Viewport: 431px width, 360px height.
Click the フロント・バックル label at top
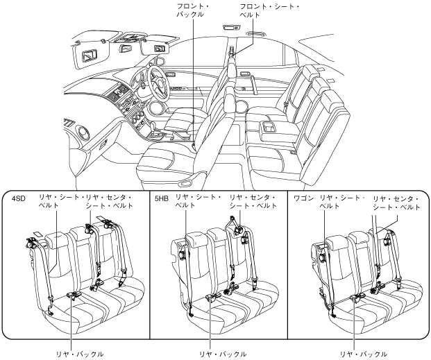coord(192,10)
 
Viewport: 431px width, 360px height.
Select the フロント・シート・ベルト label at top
coord(270,10)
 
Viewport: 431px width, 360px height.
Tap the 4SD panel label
coord(19,198)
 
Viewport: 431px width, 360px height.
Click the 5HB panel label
coord(161,198)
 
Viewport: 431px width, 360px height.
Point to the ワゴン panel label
coord(304,198)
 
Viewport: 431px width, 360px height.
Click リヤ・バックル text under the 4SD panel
coord(80,354)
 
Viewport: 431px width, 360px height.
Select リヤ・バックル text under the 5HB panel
coord(223,354)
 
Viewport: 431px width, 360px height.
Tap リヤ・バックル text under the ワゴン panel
coord(364,354)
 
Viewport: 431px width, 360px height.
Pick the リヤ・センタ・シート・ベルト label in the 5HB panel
coord(253,201)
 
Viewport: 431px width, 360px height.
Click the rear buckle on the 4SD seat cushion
coord(74,295)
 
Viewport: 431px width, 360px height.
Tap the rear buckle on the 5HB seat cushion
coord(214,296)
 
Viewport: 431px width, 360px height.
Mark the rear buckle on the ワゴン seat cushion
coord(358,297)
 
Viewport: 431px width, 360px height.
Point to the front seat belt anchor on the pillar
coord(232,51)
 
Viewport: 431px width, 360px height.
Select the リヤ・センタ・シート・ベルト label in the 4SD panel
coord(109,201)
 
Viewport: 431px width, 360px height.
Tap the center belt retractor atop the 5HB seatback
coord(238,229)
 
